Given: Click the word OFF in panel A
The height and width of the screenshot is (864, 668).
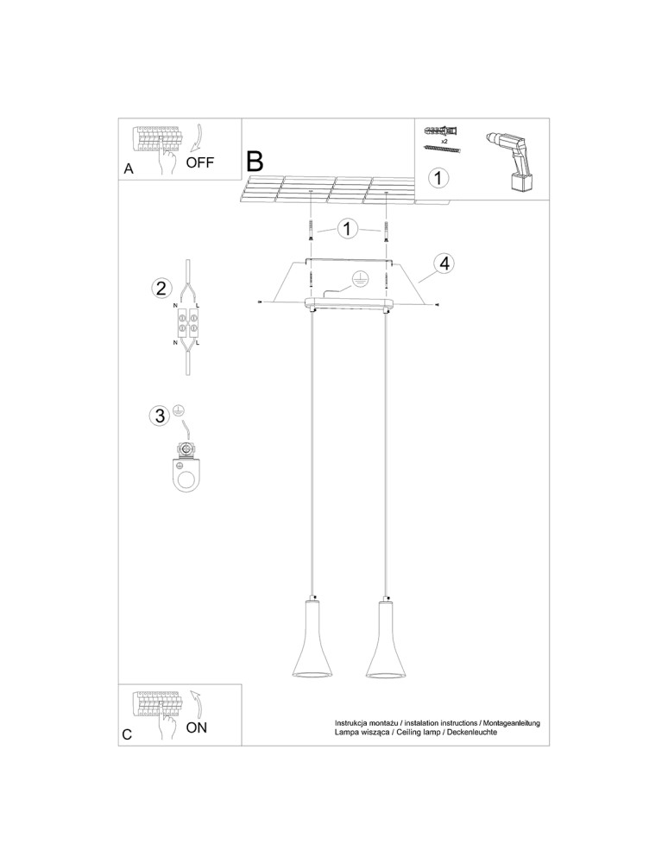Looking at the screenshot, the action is coord(199,162).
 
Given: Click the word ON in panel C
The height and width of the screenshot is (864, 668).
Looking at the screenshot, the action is coord(197,727).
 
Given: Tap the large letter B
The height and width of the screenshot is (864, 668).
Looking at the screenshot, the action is coord(255,162).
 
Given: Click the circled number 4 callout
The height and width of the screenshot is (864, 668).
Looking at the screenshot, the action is coord(444,264).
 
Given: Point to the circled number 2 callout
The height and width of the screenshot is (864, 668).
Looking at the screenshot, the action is coord(161,289).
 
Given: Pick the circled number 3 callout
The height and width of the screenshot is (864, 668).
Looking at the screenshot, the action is coord(160,416).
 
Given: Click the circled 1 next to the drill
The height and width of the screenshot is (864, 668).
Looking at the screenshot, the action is coord(438,179).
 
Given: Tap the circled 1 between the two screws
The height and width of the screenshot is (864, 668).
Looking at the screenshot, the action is coord(348,229).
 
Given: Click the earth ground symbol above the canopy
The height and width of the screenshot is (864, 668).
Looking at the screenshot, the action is coord(359,281).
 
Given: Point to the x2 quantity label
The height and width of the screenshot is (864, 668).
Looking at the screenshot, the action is coord(444,142).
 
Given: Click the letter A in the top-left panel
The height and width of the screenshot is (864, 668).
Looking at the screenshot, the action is coord(129,168).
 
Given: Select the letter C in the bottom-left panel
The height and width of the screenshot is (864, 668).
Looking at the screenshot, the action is coord(127,734).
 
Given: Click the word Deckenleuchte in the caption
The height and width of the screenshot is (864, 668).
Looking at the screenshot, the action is coord(473,733).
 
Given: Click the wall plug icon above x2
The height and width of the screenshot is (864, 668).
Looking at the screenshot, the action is coord(442,131).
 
